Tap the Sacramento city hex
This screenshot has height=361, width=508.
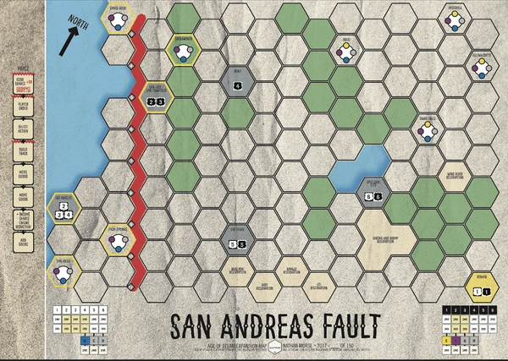pos(182,52)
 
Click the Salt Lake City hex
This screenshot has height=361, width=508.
pos(373,194)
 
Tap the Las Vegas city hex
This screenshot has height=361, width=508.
pos(237,241)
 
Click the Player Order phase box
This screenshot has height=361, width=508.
pos(22,107)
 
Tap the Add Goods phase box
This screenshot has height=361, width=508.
pos(22,243)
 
